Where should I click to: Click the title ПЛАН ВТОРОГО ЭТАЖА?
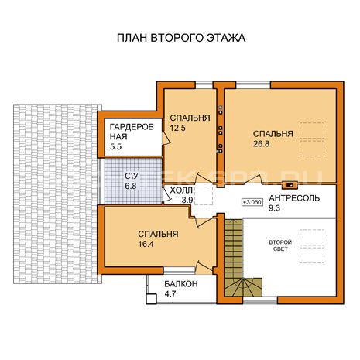tap(181, 38)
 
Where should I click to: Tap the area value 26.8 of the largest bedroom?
tap(261, 144)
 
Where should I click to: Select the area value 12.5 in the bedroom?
tap(178, 128)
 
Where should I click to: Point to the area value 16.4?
tap(146, 244)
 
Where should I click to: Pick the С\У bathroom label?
tap(132, 176)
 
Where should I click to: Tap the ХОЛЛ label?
tap(181, 190)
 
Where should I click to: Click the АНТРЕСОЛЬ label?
tap(294, 198)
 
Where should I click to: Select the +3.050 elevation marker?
tap(252, 202)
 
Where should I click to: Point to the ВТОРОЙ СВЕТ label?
tap(280, 245)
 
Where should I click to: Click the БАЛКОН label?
tap(181, 284)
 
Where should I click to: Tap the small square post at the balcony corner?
tap(152, 299)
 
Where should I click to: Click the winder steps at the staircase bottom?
tap(244, 287)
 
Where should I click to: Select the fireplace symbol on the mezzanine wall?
tap(290, 185)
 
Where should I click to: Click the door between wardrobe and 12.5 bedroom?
tap(166, 138)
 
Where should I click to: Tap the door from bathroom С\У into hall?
tap(166, 194)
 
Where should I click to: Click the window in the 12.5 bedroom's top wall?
tap(204, 85)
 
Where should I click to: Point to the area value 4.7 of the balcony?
tap(170, 293)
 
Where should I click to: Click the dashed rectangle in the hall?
tap(204, 196)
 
